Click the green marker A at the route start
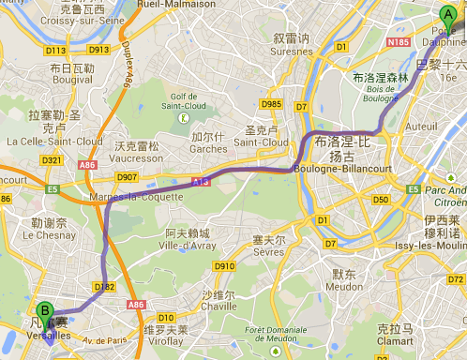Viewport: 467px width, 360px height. tap(446, 14)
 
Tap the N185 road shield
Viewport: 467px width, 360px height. tap(396, 42)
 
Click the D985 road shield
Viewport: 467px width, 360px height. tap(273, 104)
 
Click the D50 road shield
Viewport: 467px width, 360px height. tap(380, 200)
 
